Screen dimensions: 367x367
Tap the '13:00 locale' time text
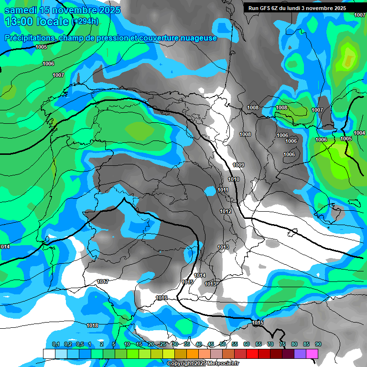(36, 22)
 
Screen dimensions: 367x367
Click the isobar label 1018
(92, 325)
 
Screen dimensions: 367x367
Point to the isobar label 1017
(102, 281)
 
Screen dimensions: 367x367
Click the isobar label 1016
(162, 298)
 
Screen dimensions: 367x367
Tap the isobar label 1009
(238, 165)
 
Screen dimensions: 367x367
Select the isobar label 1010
(234, 179)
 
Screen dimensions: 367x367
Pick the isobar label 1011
(223, 190)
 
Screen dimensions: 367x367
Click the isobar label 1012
(226, 211)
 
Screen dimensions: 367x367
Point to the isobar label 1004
(359, 133)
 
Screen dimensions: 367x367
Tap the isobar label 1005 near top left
(41, 47)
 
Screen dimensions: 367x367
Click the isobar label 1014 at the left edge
(5, 247)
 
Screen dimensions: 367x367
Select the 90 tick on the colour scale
(318, 344)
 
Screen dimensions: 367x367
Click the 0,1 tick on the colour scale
(55, 344)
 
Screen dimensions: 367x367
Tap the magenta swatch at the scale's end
(312, 354)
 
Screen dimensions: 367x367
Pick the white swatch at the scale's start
(49, 354)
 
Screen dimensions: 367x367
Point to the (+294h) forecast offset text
(85, 22)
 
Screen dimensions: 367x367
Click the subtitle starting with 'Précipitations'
(110, 38)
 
